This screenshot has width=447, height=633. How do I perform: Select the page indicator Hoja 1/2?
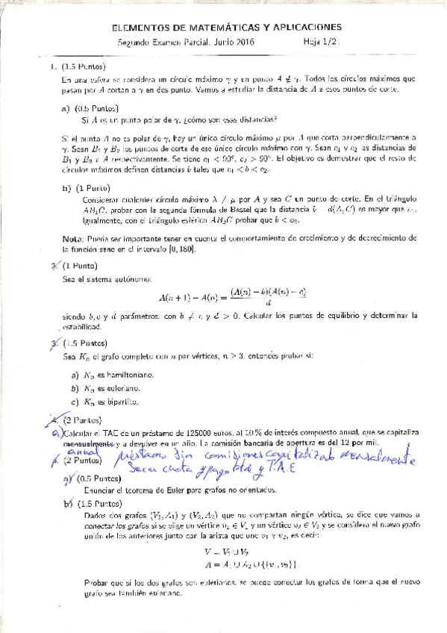coord(322,43)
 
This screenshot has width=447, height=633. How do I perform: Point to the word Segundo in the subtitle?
coord(135,43)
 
